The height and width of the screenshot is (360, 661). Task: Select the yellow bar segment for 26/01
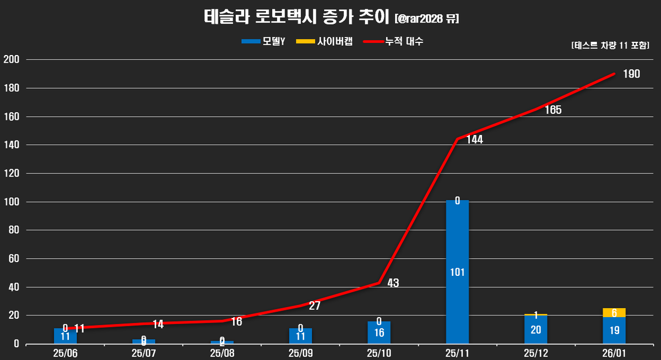point(614,313)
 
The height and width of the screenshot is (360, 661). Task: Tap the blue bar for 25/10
point(379,332)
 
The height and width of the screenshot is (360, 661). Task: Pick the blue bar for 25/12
point(536,329)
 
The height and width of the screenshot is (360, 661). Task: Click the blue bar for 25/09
point(300,336)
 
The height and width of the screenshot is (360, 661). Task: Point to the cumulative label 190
point(631,74)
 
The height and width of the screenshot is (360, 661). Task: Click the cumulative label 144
point(474,140)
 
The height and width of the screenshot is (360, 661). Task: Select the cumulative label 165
point(552,110)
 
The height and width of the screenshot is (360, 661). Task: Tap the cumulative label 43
point(393,283)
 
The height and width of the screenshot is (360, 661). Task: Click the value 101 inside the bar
point(457,272)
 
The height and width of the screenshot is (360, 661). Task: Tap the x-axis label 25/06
point(65,352)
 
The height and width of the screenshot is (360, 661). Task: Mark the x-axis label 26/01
point(614,352)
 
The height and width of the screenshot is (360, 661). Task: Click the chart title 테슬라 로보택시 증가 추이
point(297,18)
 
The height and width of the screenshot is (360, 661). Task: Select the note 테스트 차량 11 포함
point(610,46)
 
